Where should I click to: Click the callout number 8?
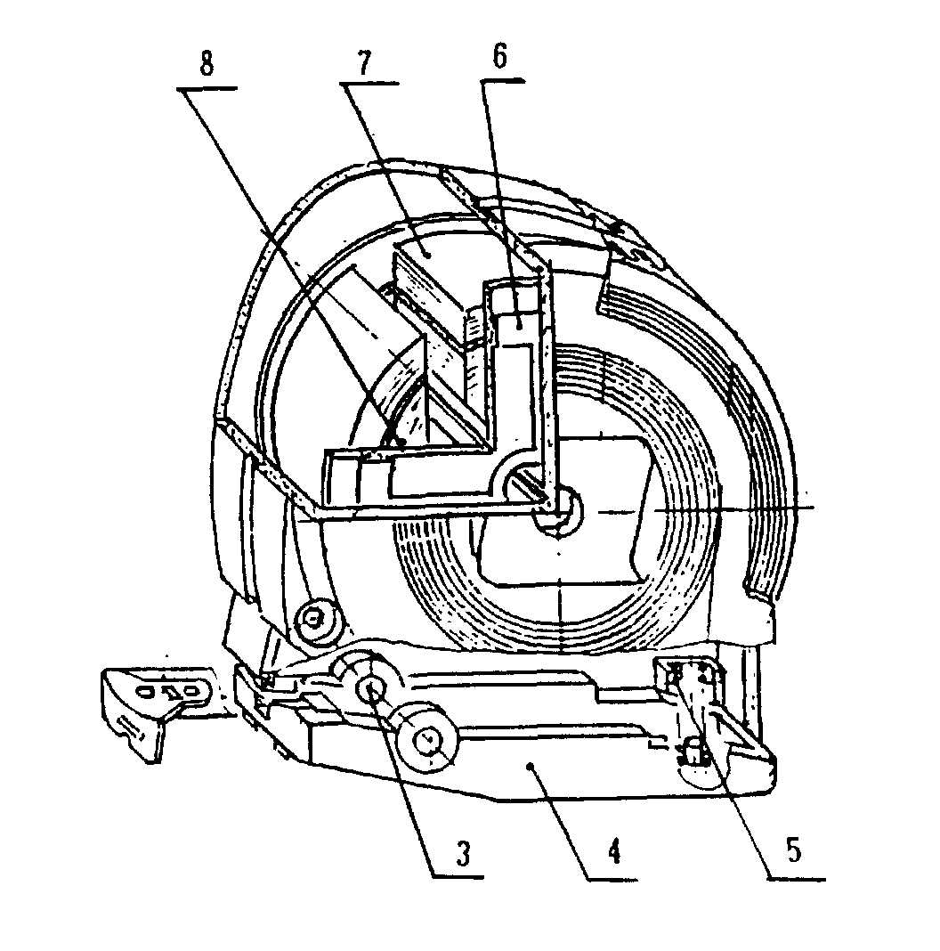(x=207, y=64)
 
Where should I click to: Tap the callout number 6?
(x=499, y=57)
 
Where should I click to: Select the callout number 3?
(x=464, y=853)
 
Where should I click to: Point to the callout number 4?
(x=614, y=852)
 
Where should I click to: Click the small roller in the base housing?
(x=428, y=737)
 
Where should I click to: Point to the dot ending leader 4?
(x=531, y=767)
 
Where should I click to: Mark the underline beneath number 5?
(x=796, y=878)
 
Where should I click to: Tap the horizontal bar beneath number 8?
(x=207, y=89)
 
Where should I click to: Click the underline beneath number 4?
(x=612, y=879)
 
